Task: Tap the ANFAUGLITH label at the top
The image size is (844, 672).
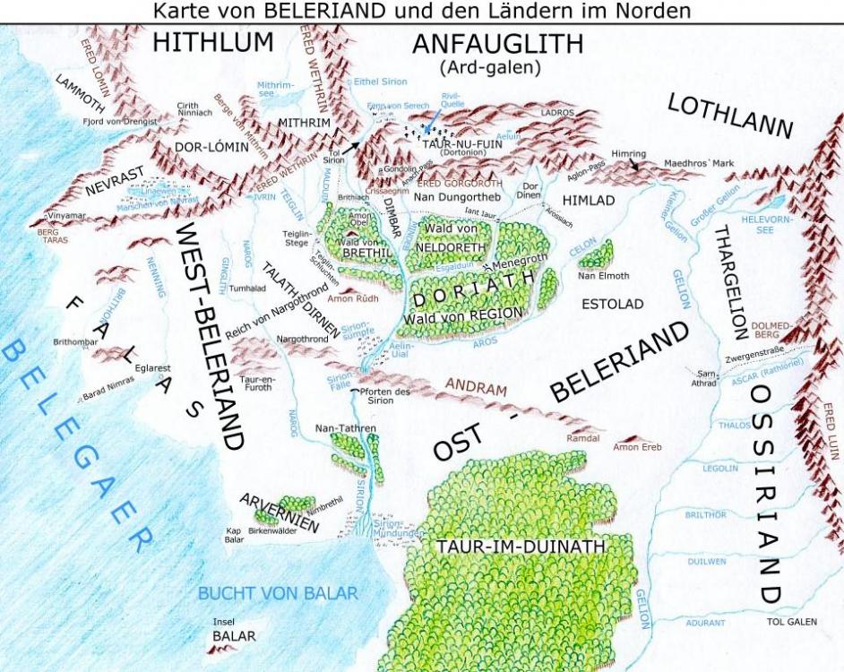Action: click(497, 43)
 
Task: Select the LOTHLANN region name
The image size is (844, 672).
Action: click(731, 116)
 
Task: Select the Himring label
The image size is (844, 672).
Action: click(628, 154)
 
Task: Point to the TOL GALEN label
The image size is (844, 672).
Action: click(792, 622)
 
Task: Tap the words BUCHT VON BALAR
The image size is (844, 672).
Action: click(278, 593)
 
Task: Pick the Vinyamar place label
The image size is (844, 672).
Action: click(69, 216)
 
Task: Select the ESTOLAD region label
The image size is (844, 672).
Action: click(612, 305)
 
